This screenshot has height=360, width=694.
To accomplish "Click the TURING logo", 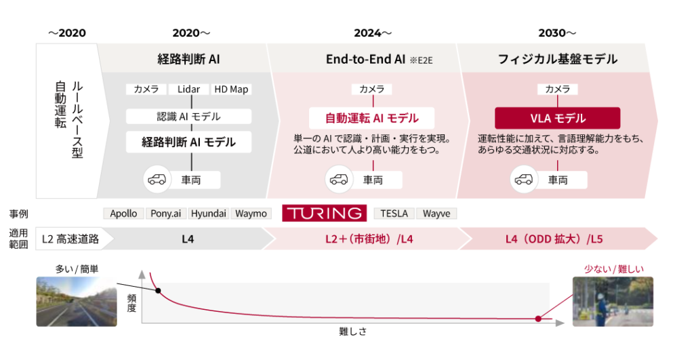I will [324, 213].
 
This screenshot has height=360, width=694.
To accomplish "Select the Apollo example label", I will [123, 214].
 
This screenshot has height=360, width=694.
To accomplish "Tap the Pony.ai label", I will [165, 214].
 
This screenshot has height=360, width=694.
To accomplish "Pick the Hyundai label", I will [209, 214].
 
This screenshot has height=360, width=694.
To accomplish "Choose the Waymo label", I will [251, 214].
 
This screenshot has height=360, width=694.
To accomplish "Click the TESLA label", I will [394, 214].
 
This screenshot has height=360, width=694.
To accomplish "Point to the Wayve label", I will [436, 214].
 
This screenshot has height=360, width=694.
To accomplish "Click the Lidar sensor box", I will [188, 89].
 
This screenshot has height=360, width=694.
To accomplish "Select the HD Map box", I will [231, 89].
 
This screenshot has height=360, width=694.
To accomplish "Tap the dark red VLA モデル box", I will [557, 118].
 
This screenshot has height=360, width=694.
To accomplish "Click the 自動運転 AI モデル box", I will [371, 118].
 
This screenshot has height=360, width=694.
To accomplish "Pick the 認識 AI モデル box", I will [188, 117].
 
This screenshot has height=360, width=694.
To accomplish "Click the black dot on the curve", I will [159, 290].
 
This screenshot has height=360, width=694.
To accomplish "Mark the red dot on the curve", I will [538, 318].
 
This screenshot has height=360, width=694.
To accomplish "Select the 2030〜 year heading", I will [557, 33].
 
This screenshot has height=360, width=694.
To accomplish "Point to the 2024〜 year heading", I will [372, 33].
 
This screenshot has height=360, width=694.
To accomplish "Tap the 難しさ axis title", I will [352, 332].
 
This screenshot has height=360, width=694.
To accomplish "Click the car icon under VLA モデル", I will [522, 180].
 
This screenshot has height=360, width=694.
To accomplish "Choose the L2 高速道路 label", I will [70, 239].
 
